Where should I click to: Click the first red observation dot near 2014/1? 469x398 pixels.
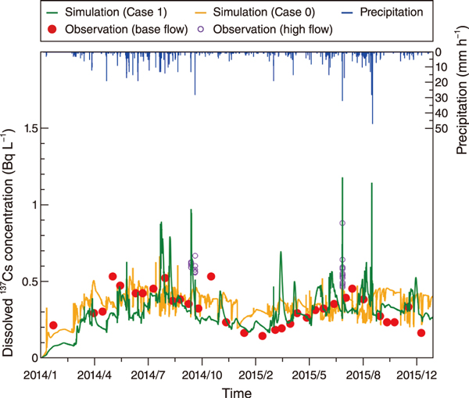(x=53, y=325)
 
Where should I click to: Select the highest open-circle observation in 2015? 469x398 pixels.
(x=342, y=224)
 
